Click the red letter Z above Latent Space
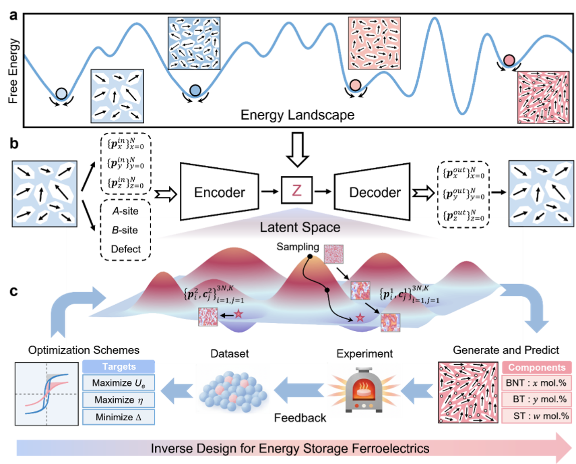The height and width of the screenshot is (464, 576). pyautogui.click(x=297, y=190)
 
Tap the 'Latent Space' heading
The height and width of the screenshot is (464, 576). pyautogui.click(x=300, y=227)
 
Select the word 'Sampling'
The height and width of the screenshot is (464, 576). pyautogui.click(x=298, y=247)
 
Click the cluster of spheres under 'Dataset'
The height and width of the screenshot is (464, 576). pyautogui.click(x=232, y=389)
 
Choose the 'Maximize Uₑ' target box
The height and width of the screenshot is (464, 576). pyautogui.click(x=118, y=383)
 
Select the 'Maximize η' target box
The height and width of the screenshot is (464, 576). pyautogui.click(x=118, y=400)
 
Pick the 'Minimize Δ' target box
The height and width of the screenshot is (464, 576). pyautogui.click(x=118, y=416)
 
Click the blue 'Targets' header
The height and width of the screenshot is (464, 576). pyautogui.click(x=118, y=367)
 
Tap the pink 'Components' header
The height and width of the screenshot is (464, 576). pyautogui.click(x=536, y=367)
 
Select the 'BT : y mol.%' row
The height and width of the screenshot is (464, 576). pyautogui.click(x=536, y=399)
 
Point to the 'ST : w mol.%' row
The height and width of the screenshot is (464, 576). pyautogui.click(x=536, y=415)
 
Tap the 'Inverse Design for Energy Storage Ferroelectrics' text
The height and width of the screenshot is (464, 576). pyautogui.click(x=290, y=448)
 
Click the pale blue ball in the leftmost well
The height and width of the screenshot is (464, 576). pyautogui.click(x=62, y=93)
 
